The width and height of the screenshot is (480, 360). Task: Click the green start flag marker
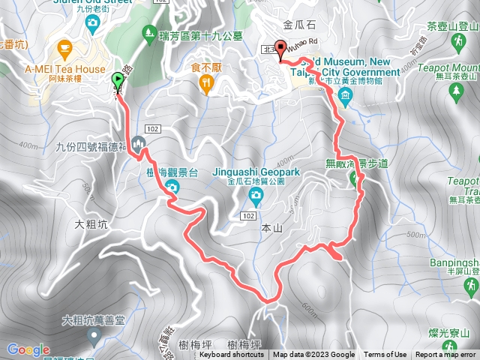[118, 79]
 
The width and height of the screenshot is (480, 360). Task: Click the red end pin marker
[281, 48]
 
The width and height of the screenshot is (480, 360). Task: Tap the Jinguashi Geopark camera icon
[256, 196]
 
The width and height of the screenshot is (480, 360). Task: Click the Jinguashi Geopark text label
[256, 172]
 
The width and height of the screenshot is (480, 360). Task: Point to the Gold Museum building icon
[344, 95]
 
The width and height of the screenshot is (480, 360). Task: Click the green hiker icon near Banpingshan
[470, 286]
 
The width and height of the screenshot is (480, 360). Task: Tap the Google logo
[28, 349]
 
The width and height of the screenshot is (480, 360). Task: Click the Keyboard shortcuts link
[232, 355]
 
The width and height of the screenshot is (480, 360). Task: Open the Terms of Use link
[385, 355]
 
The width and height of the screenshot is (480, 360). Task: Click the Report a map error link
[445, 355]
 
